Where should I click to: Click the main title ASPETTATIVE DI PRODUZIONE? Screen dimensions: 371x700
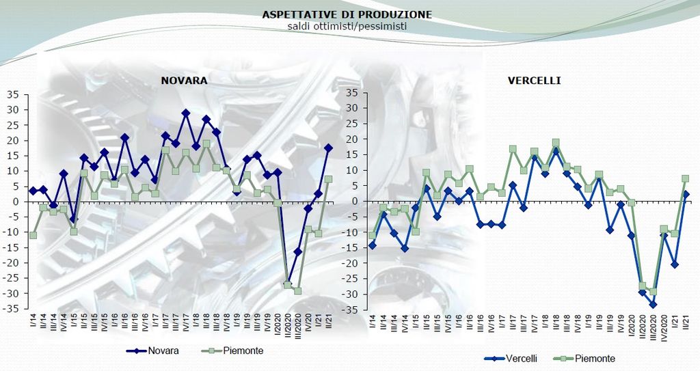[347, 14]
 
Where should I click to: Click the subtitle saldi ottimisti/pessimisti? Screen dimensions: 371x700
[347, 26]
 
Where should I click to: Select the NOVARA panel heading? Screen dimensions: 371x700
[184, 81]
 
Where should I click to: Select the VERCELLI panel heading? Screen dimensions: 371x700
[534, 81]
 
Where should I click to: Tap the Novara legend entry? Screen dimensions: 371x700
[160, 351]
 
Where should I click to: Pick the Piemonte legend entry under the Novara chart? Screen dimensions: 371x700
[232, 351]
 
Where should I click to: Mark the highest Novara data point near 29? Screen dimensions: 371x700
[185, 113]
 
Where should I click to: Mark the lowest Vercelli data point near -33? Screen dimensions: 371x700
[653, 305]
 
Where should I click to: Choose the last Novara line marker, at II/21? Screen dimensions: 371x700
[329, 148]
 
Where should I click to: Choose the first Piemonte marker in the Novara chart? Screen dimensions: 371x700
[33, 235]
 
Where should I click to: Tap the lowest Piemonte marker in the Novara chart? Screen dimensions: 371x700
[298, 291]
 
